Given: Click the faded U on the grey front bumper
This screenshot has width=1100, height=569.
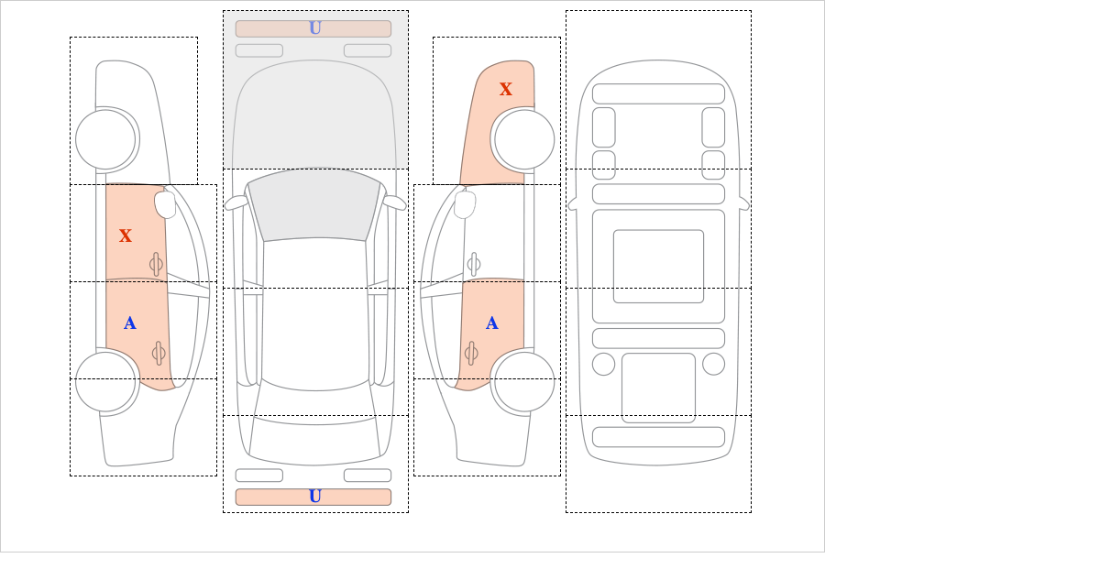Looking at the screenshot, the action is (x=315, y=28).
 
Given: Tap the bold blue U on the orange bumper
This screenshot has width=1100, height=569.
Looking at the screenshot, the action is (x=315, y=497).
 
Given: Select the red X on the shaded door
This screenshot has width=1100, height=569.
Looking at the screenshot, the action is (x=126, y=236).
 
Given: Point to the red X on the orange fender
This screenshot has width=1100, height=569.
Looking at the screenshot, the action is (x=506, y=90).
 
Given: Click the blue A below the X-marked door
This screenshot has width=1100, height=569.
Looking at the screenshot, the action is (x=129, y=323).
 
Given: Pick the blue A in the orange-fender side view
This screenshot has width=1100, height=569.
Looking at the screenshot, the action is (x=492, y=323).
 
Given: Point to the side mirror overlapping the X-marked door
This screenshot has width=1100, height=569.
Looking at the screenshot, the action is (x=165, y=204).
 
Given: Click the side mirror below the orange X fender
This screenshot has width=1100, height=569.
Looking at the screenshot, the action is (x=465, y=204).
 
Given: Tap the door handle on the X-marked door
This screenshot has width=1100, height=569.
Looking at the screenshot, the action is (x=156, y=264).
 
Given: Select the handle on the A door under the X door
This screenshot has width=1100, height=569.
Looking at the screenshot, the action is (x=159, y=353).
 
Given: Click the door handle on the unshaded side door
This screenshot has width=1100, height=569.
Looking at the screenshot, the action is (x=474, y=264).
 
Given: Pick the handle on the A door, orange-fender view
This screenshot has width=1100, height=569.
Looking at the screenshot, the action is (x=471, y=353).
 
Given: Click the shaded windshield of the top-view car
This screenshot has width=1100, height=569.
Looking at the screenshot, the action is (x=314, y=205).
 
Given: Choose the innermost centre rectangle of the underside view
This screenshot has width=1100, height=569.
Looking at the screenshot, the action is (x=658, y=266).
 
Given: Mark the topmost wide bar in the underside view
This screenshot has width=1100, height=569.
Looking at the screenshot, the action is (x=658, y=93).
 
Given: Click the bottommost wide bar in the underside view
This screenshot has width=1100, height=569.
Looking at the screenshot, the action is (x=658, y=437).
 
